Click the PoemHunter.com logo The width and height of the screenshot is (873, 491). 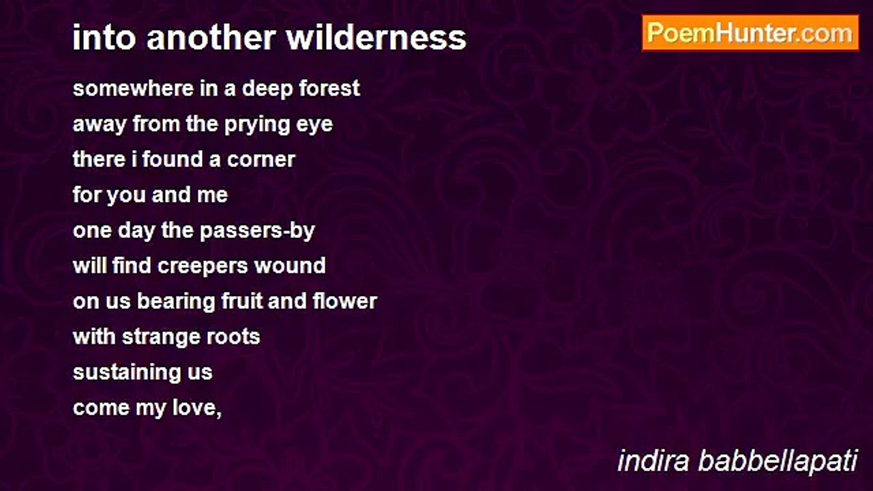(750, 33)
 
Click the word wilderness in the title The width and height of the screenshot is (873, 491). (376, 38)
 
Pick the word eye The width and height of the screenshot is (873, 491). (318, 125)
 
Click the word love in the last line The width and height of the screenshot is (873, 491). (197, 408)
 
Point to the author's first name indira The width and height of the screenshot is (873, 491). (653, 461)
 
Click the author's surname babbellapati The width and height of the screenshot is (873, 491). (778, 461)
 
